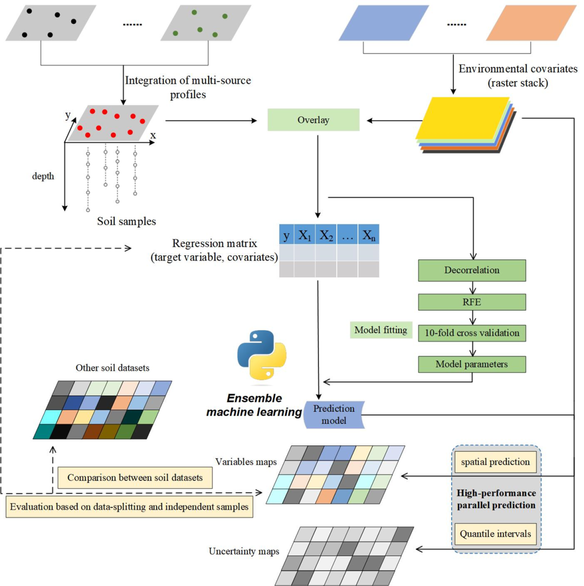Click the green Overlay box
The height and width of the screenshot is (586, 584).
tap(313, 119)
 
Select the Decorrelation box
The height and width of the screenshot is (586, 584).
tap(472, 270)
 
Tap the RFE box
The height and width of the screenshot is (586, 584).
tap(472, 302)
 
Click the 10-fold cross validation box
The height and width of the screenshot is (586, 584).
tap(472, 333)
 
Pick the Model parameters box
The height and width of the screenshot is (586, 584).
tap(472, 364)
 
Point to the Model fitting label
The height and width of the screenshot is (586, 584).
tap(381, 330)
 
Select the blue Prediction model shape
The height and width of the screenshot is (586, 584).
tap(334, 415)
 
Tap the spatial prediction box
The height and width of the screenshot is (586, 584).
tap(495, 462)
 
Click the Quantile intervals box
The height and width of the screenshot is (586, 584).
tap(495, 534)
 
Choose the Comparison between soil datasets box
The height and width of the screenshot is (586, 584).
tap(135, 478)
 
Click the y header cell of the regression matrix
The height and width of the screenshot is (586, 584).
tap(287, 235)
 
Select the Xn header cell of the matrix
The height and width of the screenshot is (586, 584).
tap(369, 235)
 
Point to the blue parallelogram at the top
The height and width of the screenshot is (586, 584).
tap(384, 23)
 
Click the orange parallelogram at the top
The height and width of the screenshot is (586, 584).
tap(532, 23)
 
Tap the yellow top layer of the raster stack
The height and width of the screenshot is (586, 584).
tap(462, 118)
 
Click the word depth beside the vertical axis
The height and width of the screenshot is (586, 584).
tap(43, 176)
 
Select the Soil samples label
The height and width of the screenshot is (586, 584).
tap(127, 221)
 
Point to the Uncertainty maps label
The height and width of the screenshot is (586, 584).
tap(244, 551)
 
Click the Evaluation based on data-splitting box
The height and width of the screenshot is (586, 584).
tap(129, 507)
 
